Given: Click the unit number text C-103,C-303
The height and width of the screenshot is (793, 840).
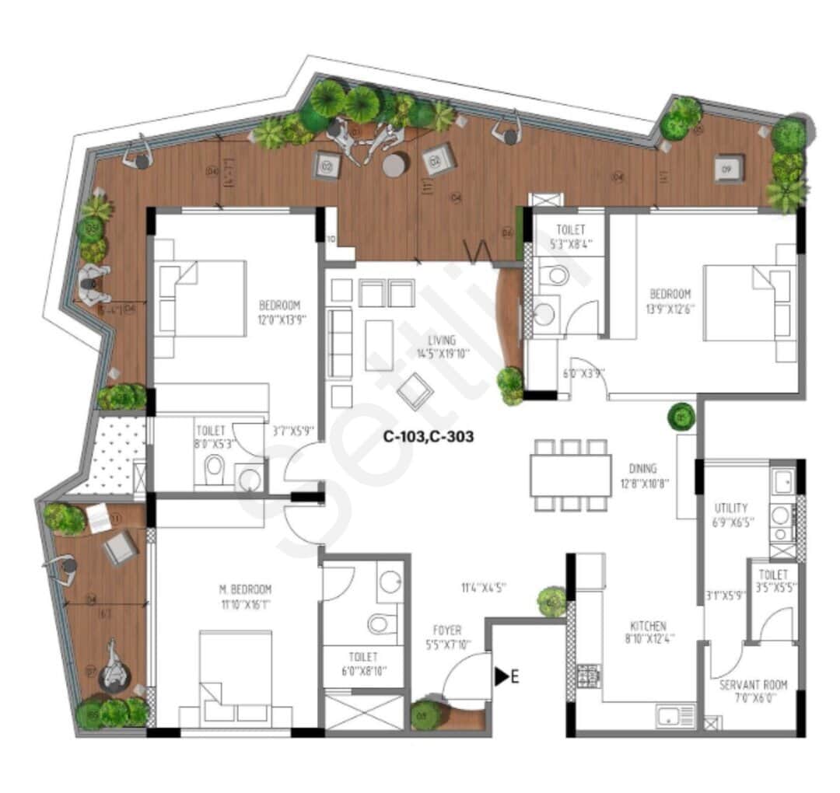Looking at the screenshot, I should [x=428, y=437].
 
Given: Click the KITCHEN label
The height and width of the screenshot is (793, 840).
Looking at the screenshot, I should [x=648, y=626].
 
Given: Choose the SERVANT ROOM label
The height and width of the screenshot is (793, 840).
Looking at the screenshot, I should [x=753, y=685].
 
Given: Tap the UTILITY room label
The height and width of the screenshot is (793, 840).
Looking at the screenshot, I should [x=731, y=508].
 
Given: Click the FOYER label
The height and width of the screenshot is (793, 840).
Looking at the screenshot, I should [x=447, y=630].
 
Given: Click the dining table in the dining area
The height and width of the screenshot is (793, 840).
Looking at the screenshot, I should [x=571, y=475].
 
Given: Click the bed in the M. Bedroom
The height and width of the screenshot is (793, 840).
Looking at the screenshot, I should [x=236, y=676].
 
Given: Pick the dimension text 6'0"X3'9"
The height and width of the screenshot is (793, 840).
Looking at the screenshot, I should [x=584, y=373].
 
